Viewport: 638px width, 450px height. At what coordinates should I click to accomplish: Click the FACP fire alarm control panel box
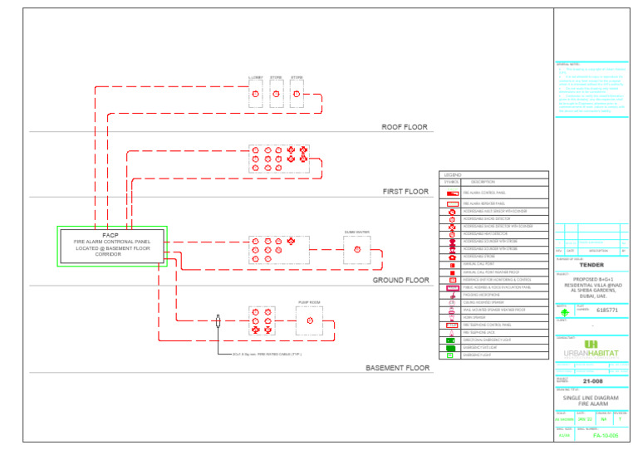coord(113,246)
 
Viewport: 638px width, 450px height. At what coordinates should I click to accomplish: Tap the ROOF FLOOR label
coord(405,127)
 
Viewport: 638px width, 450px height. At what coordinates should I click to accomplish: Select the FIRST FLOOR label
coord(405,192)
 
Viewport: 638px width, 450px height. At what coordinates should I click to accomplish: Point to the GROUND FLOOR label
coord(400,281)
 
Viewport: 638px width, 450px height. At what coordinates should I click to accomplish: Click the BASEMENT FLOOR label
coord(397,367)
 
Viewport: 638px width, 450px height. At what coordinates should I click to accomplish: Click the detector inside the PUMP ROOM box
coord(309,321)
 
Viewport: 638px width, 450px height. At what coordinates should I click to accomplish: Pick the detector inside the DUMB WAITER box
coord(357,250)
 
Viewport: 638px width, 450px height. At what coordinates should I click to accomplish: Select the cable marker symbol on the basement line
coord(217,321)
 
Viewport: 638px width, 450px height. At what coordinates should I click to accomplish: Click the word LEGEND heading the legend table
coord(453,175)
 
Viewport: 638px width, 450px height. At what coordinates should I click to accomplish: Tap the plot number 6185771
coord(607,310)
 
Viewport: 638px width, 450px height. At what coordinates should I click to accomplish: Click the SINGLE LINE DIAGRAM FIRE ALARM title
coord(591,400)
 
